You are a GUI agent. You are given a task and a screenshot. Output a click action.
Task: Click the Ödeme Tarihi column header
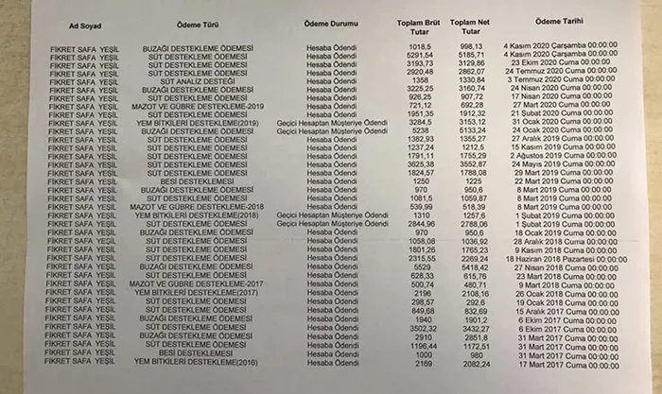[x=561, y=21]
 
